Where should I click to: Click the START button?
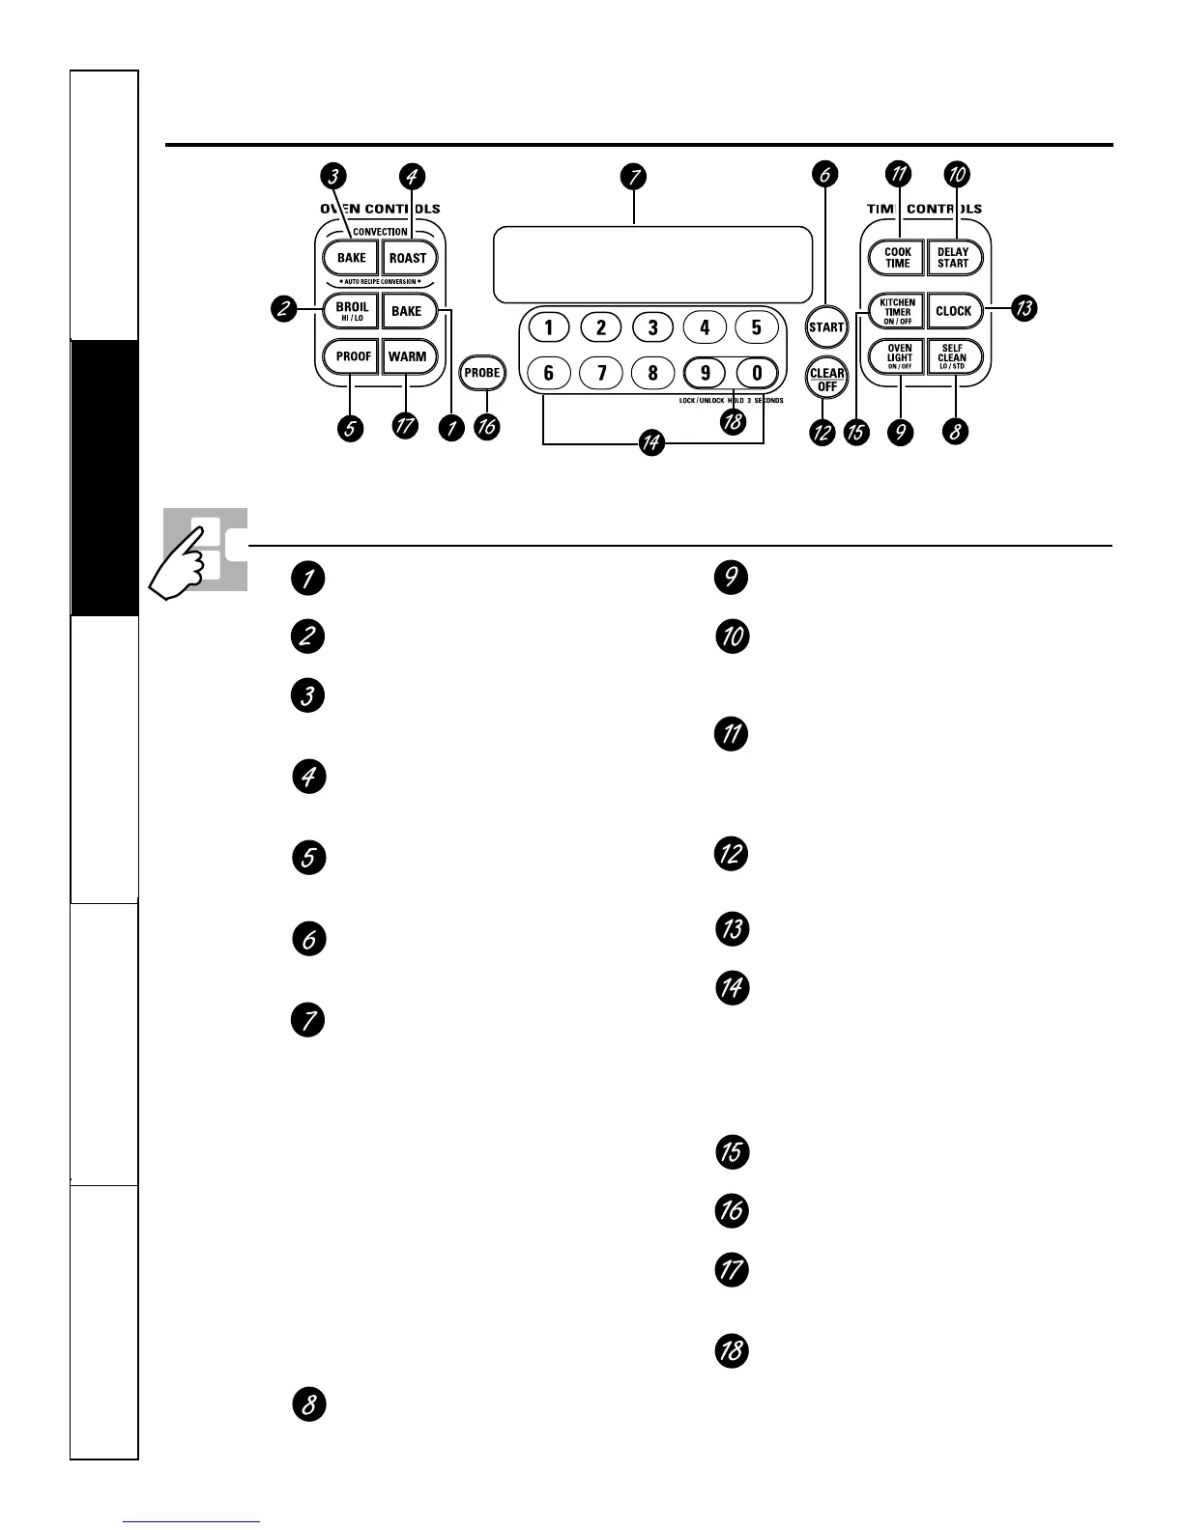[x=826, y=326]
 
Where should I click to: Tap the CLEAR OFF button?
[x=826, y=379]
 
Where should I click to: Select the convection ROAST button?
[x=408, y=258]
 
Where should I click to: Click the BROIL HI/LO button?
[x=352, y=311]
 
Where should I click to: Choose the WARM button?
[x=407, y=356]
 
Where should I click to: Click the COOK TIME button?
[x=898, y=258]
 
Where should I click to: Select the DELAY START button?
[x=953, y=258]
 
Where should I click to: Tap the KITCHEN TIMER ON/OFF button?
[x=898, y=311]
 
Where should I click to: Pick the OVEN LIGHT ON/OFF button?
[x=899, y=357]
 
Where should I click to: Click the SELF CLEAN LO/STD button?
[x=952, y=357]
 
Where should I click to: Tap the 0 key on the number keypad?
[x=757, y=373]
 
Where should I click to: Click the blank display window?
[x=652, y=266]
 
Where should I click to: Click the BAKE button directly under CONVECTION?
[x=352, y=258]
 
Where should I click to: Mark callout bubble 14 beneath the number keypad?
[x=652, y=443]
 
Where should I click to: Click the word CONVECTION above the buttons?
[x=380, y=232]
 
